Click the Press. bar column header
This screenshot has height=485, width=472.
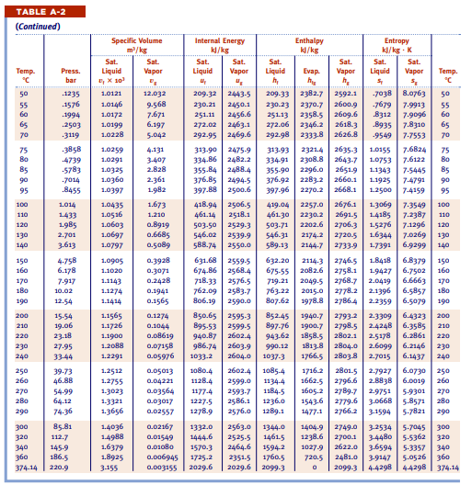coord(70,74)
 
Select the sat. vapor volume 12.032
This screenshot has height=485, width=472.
coord(154,94)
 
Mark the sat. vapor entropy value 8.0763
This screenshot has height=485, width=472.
coord(415,94)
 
